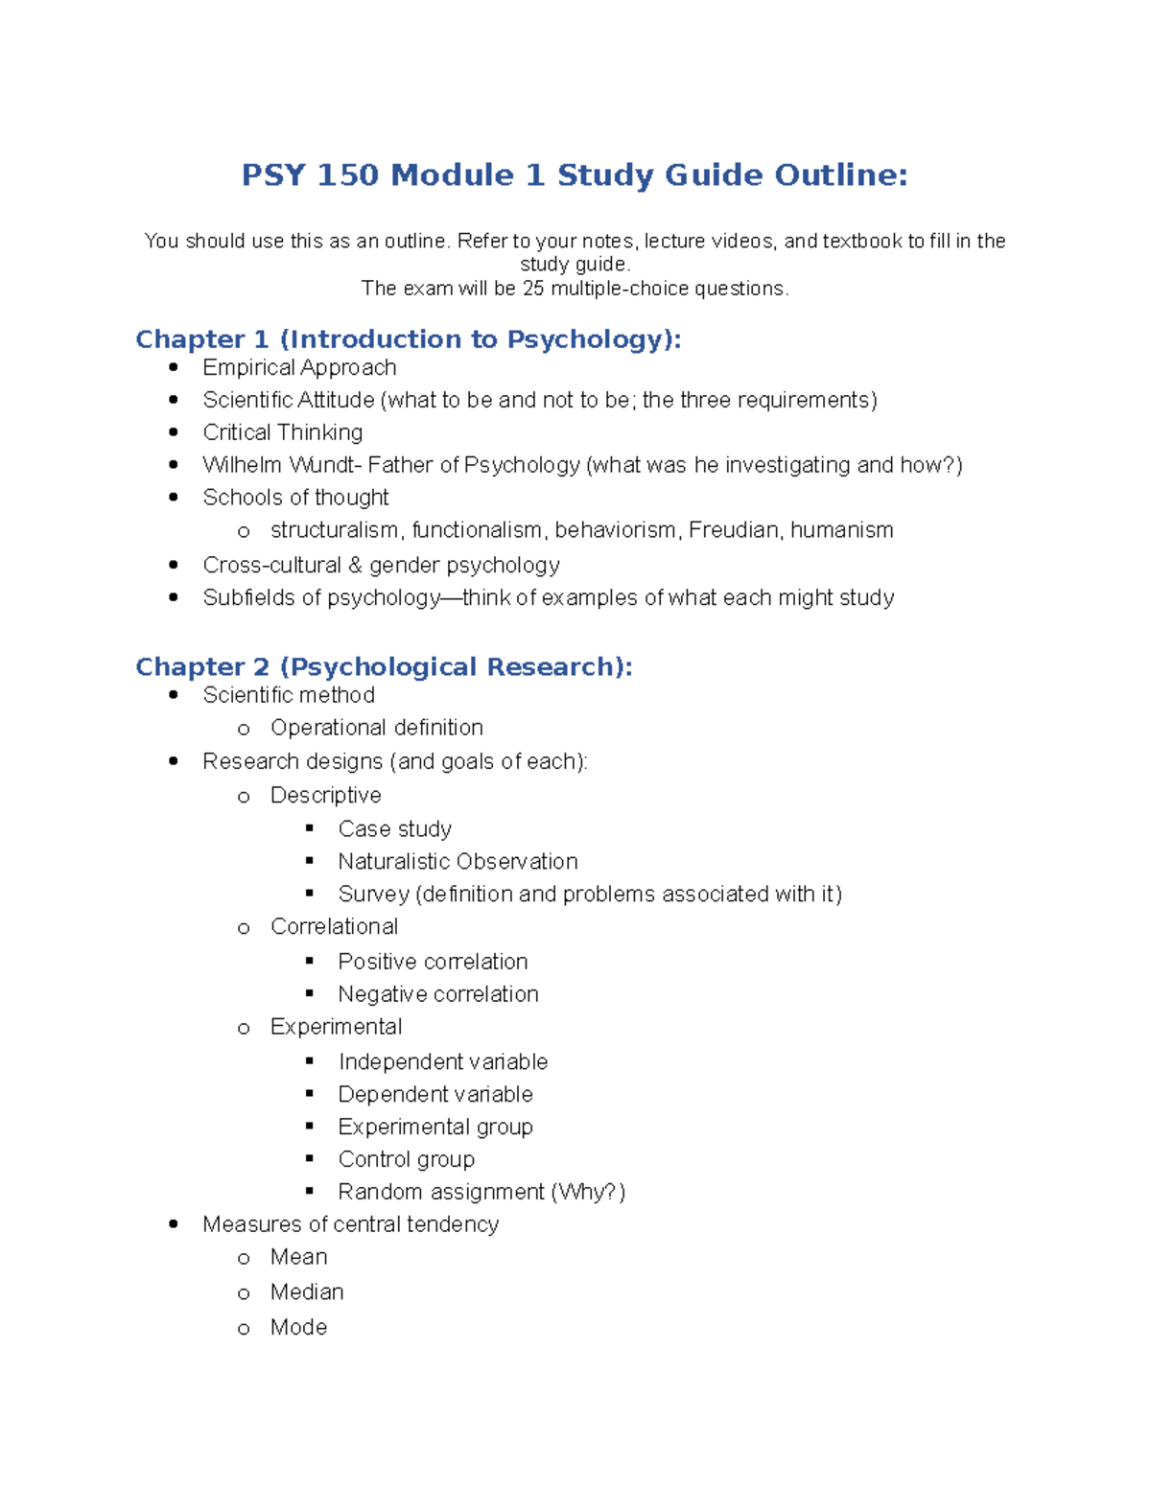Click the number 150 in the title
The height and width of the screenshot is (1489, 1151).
click(347, 175)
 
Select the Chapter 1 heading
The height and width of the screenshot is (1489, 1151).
click(408, 339)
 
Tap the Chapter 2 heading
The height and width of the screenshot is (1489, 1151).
click(384, 666)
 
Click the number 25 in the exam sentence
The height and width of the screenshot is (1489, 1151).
click(533, 289)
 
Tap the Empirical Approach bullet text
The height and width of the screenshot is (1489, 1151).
click(299, 368)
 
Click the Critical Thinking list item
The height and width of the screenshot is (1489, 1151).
click(282, 432)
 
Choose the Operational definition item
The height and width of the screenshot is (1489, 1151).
click(376, 728)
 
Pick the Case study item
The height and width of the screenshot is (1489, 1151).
click(394, 829)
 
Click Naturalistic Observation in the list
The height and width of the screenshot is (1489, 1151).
click(458, 862)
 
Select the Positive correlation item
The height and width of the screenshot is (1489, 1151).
click(433, 962)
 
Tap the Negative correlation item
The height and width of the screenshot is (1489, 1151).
click(438, 994)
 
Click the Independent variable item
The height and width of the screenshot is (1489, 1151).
click(442, 1062)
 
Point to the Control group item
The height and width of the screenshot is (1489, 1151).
click(406, 1160)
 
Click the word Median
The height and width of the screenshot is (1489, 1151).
click(307, 1292)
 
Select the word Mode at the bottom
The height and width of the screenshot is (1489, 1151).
click(298, 1328)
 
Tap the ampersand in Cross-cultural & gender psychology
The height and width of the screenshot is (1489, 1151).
click(355, 566)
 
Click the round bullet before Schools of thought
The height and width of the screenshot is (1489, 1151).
click(174, 498)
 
